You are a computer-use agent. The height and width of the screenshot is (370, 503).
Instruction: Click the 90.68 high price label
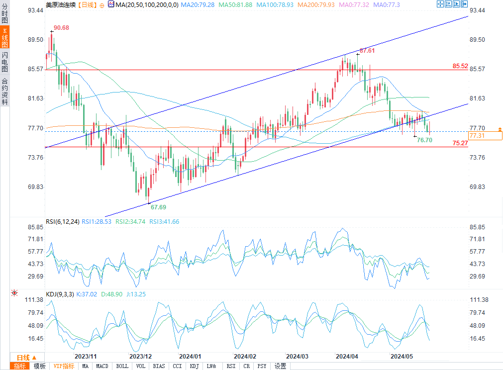pyautogui.click(x=61, y=27)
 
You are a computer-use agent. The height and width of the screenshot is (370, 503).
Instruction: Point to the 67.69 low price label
pyautogui.click(x=158, y=206)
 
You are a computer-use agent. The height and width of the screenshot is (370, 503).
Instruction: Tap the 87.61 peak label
pyautogui.click(x=367, y=51)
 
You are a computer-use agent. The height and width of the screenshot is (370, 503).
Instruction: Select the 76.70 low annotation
pyautogui.click(x=424, y=140)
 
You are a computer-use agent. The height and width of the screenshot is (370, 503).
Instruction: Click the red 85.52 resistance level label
pyautogui.click(x=460, y=66)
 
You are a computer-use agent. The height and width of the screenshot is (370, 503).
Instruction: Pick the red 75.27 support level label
pyautogui.click(x=460, y=143)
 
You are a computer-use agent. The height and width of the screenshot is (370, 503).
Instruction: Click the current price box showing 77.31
pyautogui.click(x=477, y=135)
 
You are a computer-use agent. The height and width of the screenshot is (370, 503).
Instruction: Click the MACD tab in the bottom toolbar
pyautogui.click(x=102, y=366)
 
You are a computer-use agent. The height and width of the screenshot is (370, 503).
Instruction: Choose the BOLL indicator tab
pyautogui.click(x=122, y=366)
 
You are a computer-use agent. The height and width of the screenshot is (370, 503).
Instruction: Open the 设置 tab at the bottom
pyautogui.click(x=281, y=366)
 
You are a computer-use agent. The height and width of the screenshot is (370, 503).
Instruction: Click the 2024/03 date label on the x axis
pyautogui.click(x=297, y=357)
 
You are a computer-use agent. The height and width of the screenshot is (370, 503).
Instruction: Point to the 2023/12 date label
pyautogui.click(x=140, y=357)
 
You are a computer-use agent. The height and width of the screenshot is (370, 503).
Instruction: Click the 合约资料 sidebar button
pyautogui.click(x=4, y=92)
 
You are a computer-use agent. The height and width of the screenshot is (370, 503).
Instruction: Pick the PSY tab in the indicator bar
pyautogui.click(x=261, y=366)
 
